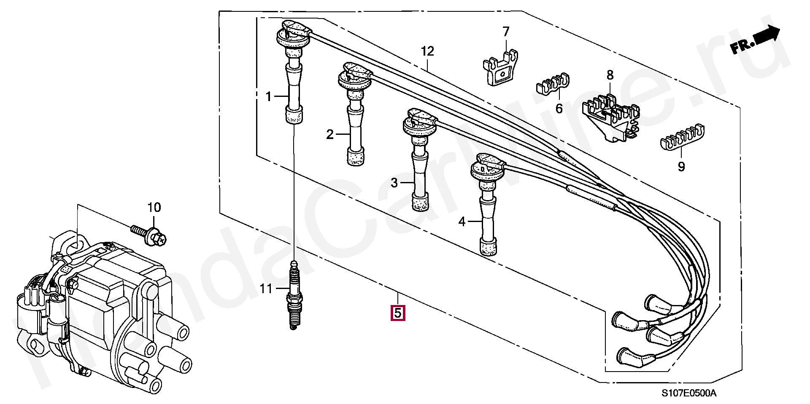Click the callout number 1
point(269,97)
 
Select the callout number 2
point(330,135)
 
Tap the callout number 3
point(394,183)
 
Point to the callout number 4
point(462,222)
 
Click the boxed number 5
point(398,313)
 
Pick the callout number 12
point(427,51)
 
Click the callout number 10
point(154,208)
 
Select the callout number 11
point(266,289)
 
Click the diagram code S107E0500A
point(688,393)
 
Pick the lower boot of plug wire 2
point(356,157)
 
